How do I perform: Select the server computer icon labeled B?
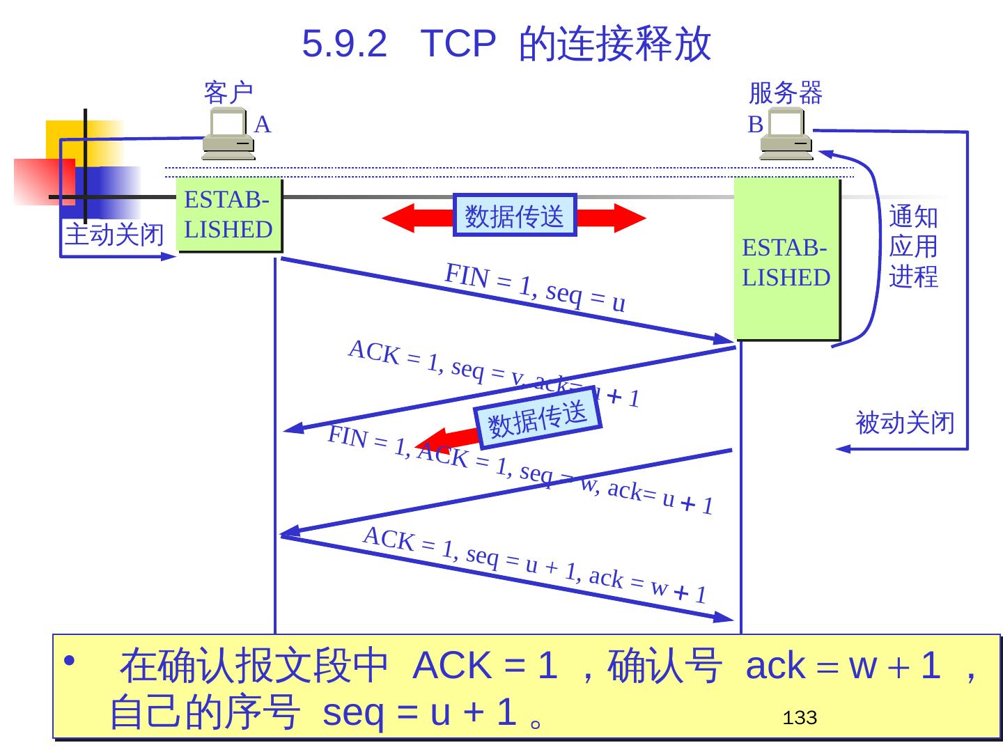point(786,136)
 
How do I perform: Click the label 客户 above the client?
point(228,92)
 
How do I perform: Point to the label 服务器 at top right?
point(785,92)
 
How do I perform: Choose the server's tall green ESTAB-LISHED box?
point(786,259)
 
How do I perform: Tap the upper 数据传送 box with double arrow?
point(515,216)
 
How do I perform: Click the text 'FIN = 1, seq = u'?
point(535,288)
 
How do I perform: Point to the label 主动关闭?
point(114,235)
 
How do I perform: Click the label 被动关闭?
point(904,423)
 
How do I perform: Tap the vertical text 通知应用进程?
point(913,246)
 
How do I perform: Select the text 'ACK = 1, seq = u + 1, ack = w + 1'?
point(535,565)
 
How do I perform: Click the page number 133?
point(799,718)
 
